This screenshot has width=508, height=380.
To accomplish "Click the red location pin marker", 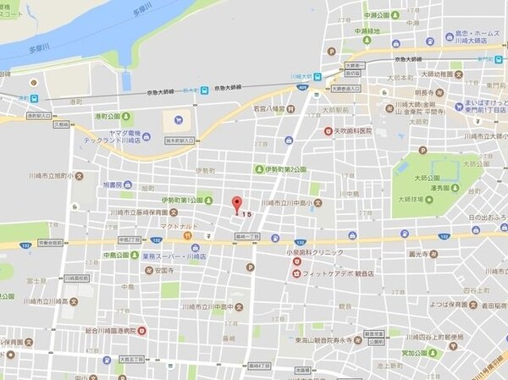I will [236, 204].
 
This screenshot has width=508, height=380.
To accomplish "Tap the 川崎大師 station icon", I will [317, 75].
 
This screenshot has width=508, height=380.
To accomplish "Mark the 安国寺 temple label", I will [146, 271].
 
